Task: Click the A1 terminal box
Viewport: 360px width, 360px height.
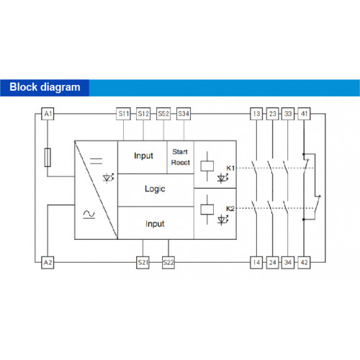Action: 48,114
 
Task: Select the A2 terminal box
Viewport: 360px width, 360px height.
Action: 48,263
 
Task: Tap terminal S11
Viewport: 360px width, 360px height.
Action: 123,114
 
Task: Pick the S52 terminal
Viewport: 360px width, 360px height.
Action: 163,114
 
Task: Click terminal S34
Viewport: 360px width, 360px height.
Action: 184,114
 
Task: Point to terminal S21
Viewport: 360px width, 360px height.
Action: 143,263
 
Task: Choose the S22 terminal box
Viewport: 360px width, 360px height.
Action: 168,263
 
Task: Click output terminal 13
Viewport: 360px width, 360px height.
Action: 256,114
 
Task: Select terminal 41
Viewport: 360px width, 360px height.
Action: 304,114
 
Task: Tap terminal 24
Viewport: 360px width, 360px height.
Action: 273,263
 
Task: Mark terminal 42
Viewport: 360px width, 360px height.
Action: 304,263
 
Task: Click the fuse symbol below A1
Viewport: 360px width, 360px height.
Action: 48,158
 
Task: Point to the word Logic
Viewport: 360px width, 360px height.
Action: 155,189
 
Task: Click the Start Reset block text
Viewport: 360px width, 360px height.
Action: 181,157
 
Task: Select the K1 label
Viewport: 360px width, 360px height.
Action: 230,168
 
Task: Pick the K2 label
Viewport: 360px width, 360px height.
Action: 230,209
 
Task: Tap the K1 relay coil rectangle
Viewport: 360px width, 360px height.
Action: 207,166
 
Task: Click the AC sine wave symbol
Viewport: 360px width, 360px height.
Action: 89,214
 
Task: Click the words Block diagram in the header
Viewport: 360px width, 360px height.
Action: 45,87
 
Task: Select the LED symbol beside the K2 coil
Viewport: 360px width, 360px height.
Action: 222,220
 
